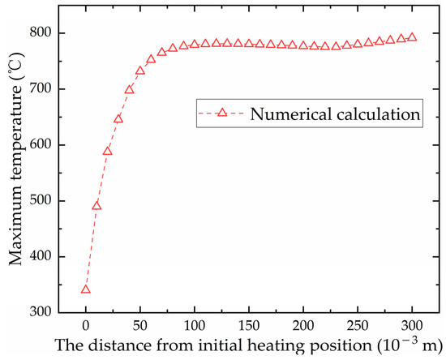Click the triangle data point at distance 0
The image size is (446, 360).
click(x=86, y=289)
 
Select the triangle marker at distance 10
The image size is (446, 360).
click(x=96, y=206)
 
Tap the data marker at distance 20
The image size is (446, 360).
click(x=108, y=152)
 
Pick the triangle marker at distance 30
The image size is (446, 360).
click(x=118, y=119)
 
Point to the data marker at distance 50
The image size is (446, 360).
click(x=140, y=71)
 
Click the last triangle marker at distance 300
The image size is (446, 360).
click(x=412, y=37)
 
